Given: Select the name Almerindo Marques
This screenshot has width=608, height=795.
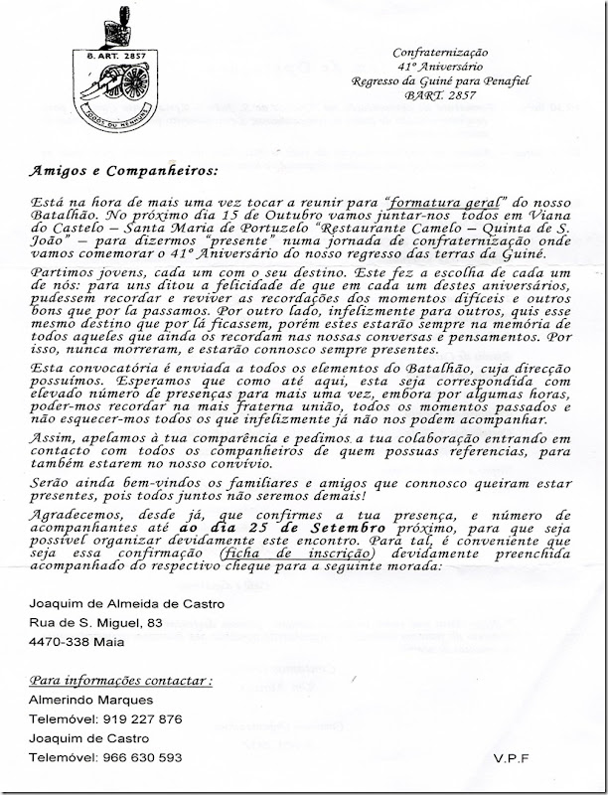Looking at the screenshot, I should pos(88,701).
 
